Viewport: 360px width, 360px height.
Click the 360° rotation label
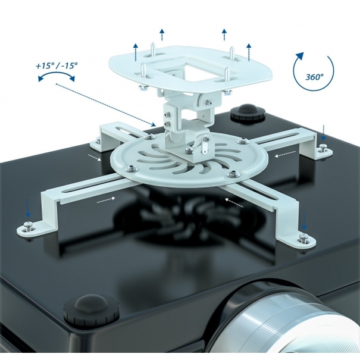(314, 77)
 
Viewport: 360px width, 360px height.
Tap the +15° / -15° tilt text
(57, 66)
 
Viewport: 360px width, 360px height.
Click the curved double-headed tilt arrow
(57, 76)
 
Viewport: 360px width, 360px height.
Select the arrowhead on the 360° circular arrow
(299, 57)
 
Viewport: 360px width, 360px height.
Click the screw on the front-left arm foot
(29, 226)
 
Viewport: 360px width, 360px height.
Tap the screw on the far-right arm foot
(324, 148)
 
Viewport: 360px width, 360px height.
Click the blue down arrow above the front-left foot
(28, 208)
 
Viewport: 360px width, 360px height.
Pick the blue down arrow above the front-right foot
(304, 221)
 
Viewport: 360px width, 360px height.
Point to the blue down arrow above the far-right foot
(323, 133)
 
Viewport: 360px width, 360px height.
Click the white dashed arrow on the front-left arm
(106, 200)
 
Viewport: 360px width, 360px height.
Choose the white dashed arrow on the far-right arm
(286, 154)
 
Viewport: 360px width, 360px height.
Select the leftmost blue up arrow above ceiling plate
(136, 52)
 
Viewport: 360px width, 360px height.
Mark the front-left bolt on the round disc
(132, 169)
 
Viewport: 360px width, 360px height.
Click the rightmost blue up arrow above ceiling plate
(249, 52)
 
